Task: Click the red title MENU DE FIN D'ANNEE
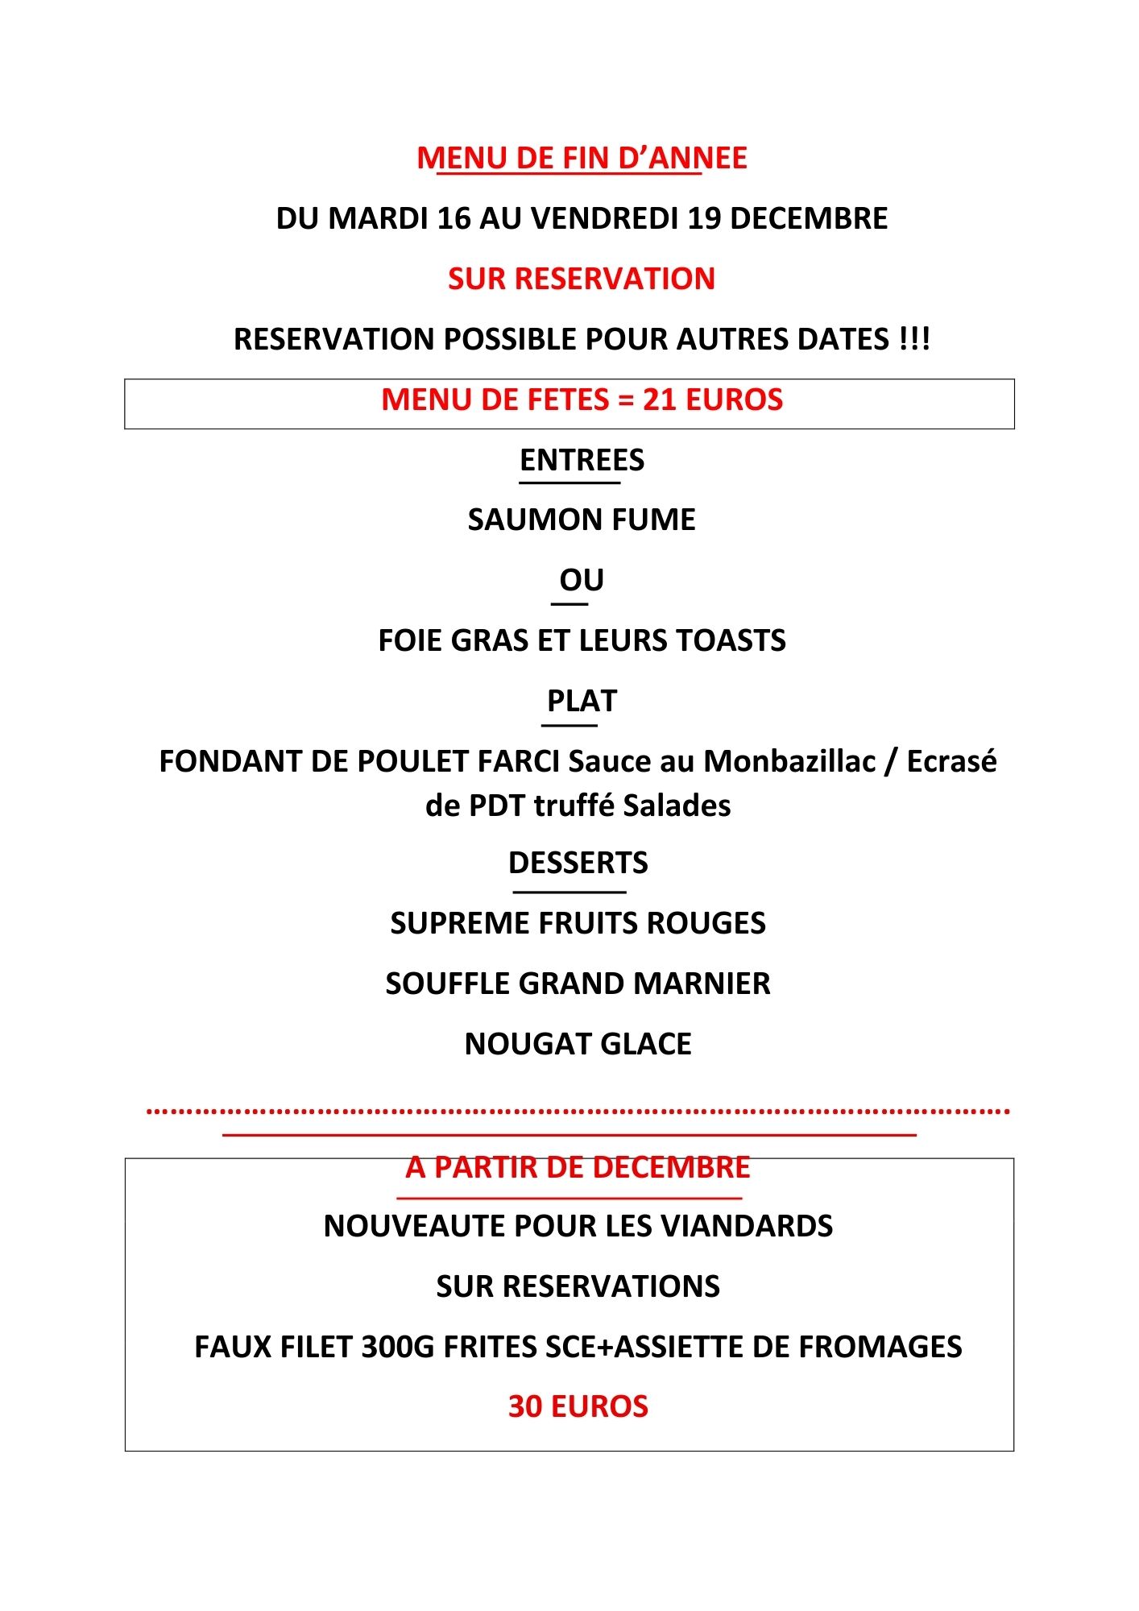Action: (x=582, y=158)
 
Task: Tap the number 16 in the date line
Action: (x=454, y=218)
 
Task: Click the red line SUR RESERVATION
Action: (x=582, y=279)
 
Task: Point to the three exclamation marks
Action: (x=914, y=339)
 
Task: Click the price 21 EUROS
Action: (x=713, y=400)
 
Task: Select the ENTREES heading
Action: (x=582, y=460)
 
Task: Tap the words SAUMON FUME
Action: (x=582, y=520)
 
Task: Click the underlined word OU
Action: (x=582, y=580)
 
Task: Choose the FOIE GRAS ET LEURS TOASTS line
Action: (x=582, y=640)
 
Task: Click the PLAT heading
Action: (x=582, y=701)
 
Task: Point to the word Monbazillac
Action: (x=789, y=761)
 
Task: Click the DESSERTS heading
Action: (x=578, y=863)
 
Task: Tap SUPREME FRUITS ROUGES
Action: (x=578, y=923)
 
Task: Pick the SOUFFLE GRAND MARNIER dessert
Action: (x=578, y=984)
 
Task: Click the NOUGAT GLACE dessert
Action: (x=578, y=1044)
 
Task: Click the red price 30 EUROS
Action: (x=578, y=1406)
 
